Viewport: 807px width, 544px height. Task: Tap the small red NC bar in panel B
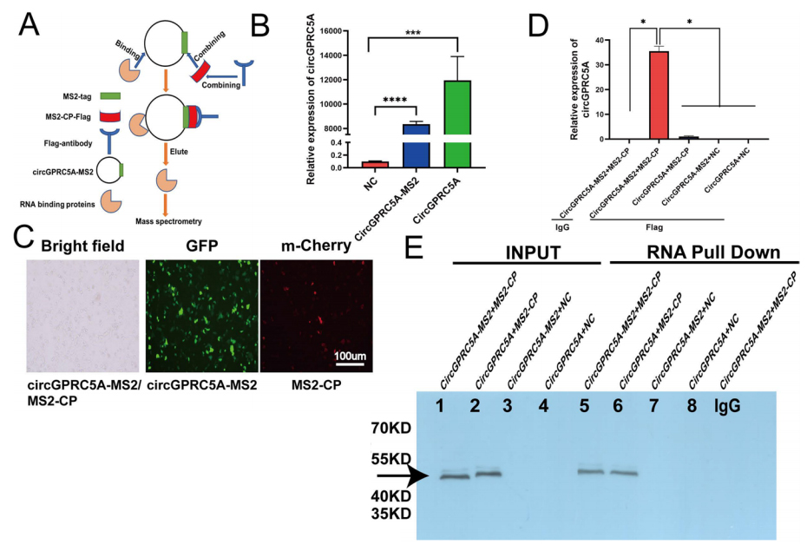tap(375, 163)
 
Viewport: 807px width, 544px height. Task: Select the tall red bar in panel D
tap(659, 95)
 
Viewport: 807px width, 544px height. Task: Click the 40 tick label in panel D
tap(600, 41)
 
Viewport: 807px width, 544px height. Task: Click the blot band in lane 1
tap(453, 476)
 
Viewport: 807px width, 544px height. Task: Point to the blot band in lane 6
tap(623, 473)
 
